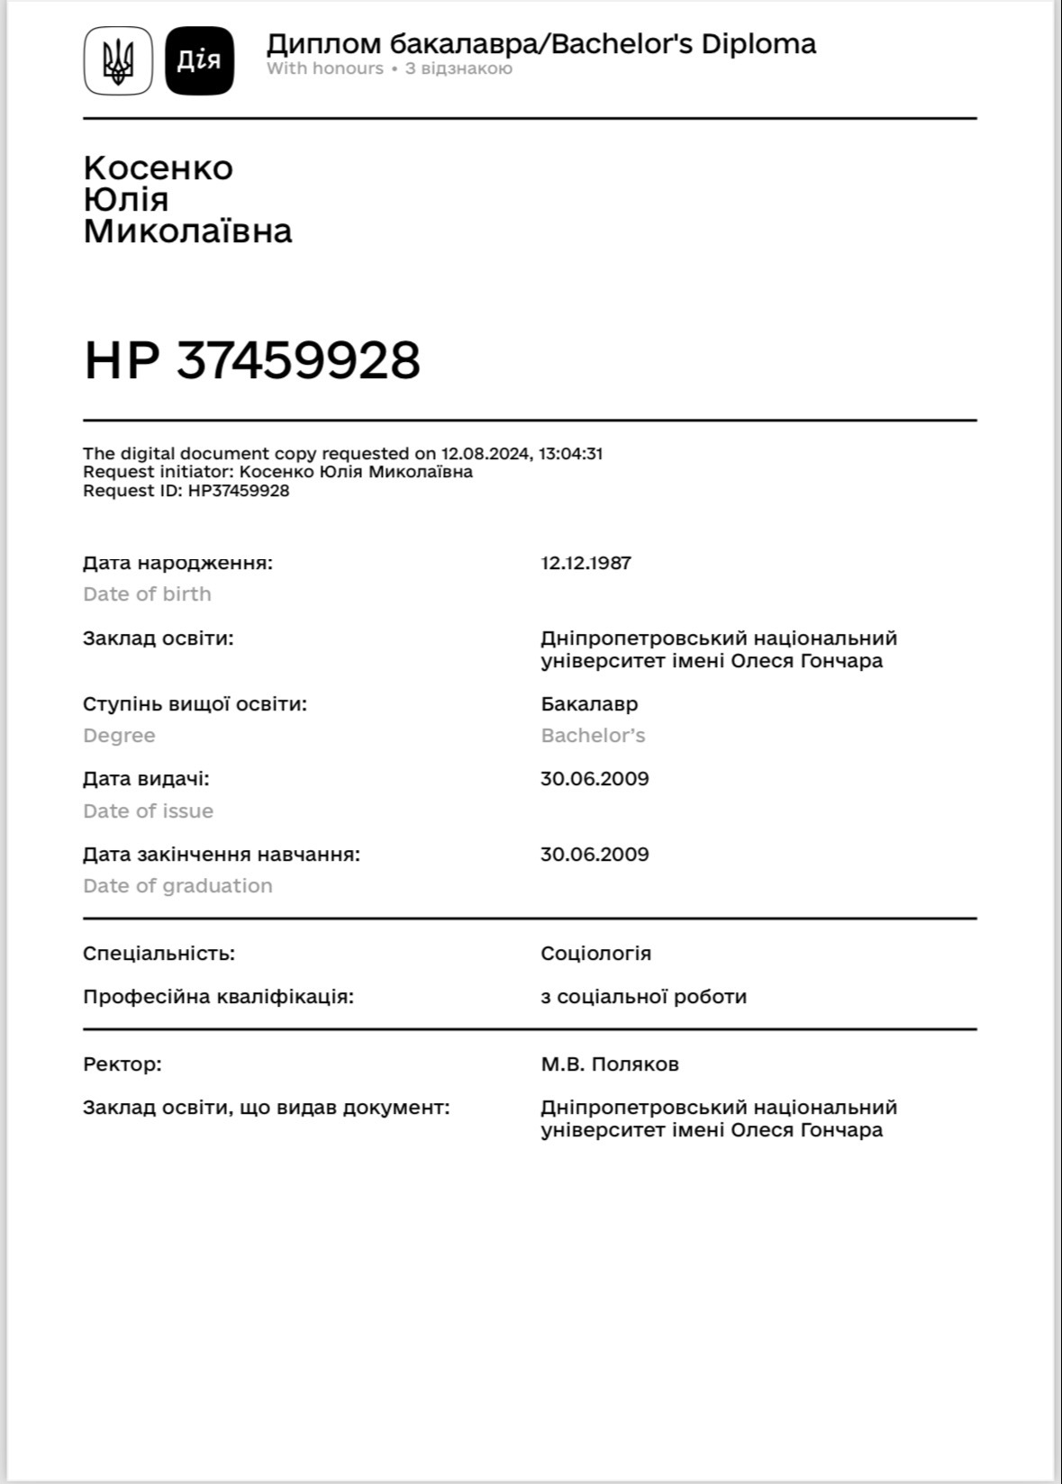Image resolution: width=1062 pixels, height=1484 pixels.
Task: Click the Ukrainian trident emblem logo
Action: pos(118,60)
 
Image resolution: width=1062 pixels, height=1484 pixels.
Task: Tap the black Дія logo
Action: pos(199,60)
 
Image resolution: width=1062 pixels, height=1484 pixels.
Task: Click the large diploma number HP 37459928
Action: pos(252,360)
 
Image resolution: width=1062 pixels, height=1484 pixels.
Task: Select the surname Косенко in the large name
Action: pos(159,168)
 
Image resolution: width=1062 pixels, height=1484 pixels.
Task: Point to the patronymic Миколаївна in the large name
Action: pos(187,231)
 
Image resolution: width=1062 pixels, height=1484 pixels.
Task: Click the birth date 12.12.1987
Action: pos(585,563)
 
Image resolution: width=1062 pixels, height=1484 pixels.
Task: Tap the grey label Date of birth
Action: pos(147,594)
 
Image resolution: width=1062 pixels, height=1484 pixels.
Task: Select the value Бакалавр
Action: pos(589,704)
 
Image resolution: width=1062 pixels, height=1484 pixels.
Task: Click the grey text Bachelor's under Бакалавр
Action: pos(593,736)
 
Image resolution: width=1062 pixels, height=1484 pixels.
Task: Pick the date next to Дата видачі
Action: pos(595,779)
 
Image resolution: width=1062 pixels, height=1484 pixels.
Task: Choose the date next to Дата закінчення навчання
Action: pos(595,854)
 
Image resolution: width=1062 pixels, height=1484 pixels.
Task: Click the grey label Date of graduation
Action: pos(177,886)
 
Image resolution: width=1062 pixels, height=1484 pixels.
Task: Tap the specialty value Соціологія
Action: pos(595,953)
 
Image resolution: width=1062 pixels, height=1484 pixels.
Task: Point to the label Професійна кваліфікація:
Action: pos(218,997)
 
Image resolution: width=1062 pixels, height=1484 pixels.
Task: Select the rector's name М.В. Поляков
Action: pos(610,1064)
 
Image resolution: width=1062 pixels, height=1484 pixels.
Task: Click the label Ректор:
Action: pos(123,1064)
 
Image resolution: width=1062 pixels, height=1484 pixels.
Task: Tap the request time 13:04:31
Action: pos(570,454)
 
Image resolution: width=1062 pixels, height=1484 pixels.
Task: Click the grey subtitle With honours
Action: pos(325,68)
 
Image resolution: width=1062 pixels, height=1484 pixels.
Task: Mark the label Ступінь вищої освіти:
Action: pos(195,704)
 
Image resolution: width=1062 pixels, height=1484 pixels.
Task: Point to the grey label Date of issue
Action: pos(148,811)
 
